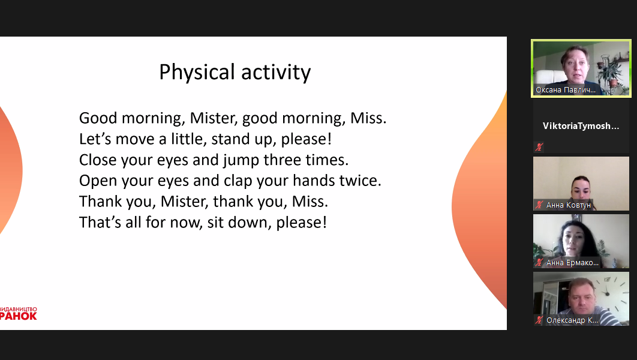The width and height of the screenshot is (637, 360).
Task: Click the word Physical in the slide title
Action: pos(197,73)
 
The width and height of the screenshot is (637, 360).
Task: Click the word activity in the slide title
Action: pos(276,73)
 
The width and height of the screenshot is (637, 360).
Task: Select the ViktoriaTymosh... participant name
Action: pos(581,126)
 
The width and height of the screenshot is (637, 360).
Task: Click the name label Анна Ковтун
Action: pos(569,205)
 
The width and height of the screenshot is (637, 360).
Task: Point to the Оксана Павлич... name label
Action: pos(566,90)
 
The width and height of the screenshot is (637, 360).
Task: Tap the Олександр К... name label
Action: pos(572,320)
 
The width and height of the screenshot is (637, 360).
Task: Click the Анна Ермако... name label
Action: pos(572,263)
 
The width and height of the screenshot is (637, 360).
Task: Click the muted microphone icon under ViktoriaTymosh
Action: pos(539,147)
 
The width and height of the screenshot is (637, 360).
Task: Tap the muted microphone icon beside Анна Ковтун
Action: pos(539,205)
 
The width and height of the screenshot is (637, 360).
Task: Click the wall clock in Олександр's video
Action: pos(608,291)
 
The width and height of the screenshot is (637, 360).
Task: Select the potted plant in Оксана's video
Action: pos(609,71)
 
